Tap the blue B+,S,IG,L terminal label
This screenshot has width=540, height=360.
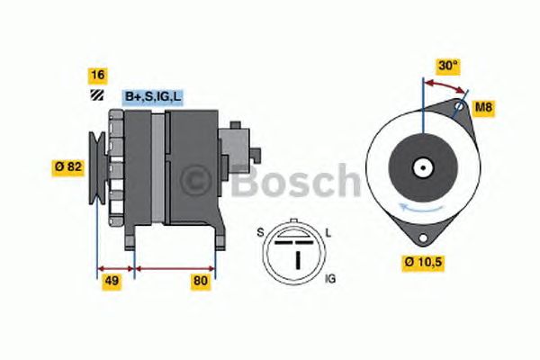pos(153,97)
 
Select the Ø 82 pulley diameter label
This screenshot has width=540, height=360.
pos(68,167)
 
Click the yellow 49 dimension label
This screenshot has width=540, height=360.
pos(112,281)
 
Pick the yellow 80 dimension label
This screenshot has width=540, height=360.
pos(201,281)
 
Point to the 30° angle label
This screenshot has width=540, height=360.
pos(448,66)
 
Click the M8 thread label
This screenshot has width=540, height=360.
pos(484,107)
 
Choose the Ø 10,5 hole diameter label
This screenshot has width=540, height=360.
pos(423,263)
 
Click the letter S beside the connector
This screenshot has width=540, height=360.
pos(260,233)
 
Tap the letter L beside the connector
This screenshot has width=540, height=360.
pos(328,234)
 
